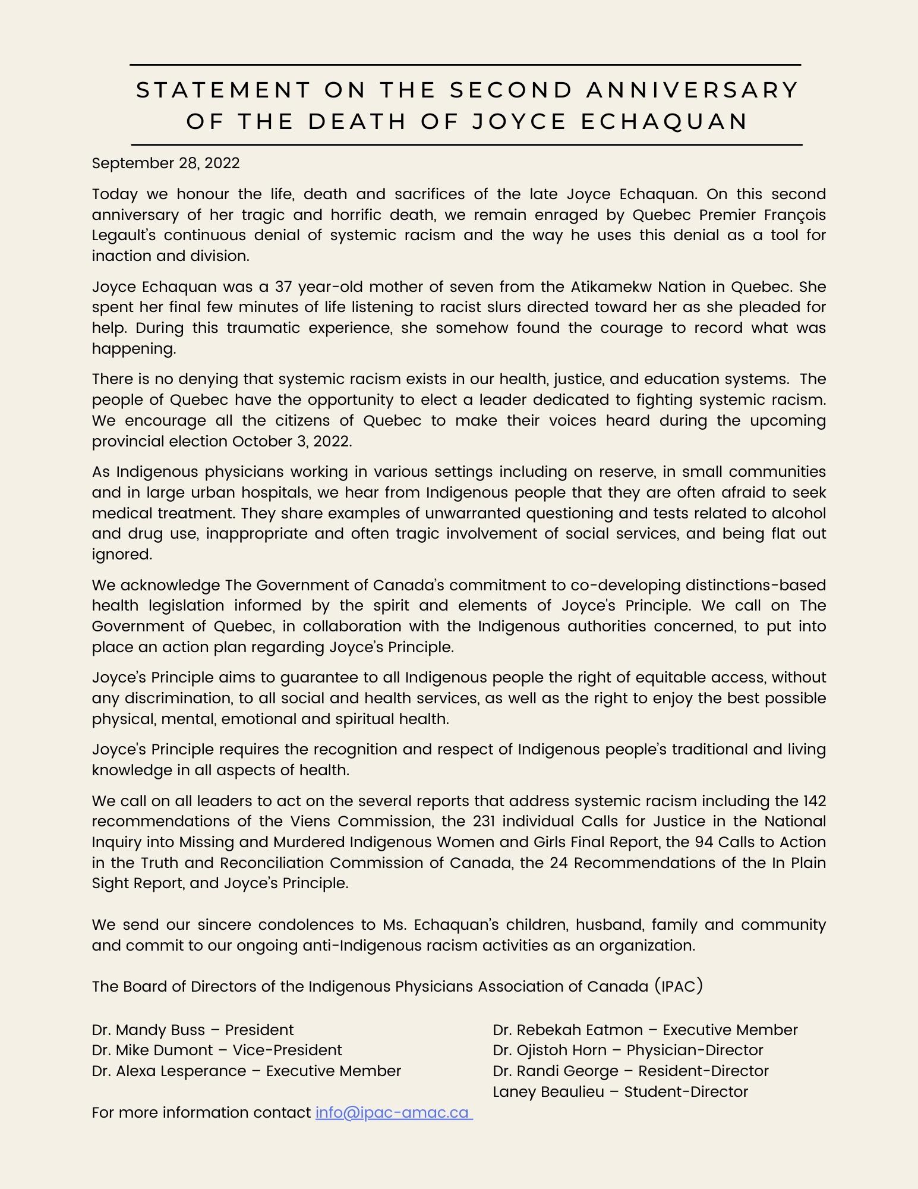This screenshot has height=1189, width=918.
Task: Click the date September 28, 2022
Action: [166, 163]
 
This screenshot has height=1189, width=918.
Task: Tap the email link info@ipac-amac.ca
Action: [393, 1112]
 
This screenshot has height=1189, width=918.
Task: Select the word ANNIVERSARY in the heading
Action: [692, 90]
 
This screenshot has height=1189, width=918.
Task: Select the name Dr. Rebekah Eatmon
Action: [567, 1030]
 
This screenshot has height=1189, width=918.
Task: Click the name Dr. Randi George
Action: [556, 1071]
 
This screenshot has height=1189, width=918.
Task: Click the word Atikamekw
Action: [611, 287]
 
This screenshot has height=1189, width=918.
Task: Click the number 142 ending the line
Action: [814, 801]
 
